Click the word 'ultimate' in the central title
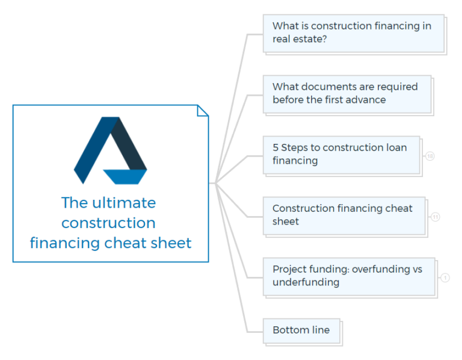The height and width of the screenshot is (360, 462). tap(125, 203)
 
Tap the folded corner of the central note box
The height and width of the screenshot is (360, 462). tap(203, 110)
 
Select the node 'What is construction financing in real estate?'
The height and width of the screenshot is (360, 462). tap(353, 33)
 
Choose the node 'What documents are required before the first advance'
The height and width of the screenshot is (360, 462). tap(346, 93)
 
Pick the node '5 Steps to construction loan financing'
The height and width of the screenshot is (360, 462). tap(340, 154)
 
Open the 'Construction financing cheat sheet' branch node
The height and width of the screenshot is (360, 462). tap(343, 215)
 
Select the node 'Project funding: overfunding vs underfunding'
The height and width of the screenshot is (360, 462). tap(348, 276)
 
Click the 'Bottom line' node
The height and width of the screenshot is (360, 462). tap(301, 331)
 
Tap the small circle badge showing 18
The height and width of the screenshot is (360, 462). tap(430, 157)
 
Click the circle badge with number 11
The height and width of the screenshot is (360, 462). tap(435, 217)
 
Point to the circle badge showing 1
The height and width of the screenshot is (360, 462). tap(445, 278)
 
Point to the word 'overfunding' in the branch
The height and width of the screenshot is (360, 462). tap(381, 269)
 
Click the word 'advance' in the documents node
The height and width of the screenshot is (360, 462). tap(366, 100)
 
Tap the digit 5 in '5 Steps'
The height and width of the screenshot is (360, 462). tap(276, 147)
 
